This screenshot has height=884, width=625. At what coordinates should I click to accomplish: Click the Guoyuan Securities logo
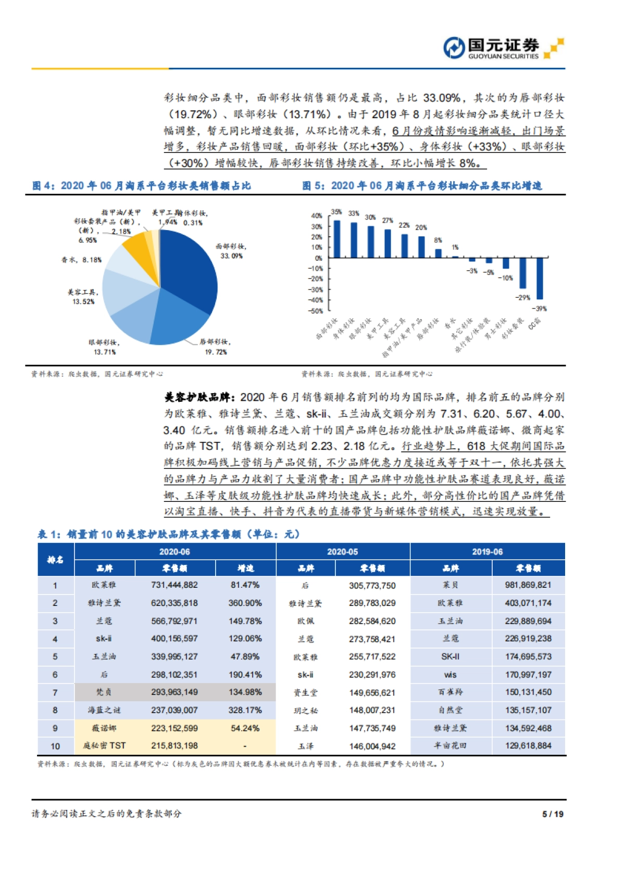click(503, 48)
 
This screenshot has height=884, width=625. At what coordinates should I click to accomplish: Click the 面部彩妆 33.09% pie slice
click(190, 271)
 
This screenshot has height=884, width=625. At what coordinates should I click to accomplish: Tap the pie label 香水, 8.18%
click(81, 260)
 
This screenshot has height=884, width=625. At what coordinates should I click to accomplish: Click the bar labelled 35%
click(337, 239)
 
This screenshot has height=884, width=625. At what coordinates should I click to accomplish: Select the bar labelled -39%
click(540, 278)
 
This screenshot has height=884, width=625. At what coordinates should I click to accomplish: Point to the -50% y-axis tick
click(316, 311)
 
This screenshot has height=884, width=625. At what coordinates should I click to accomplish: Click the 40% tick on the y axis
click(316, 216)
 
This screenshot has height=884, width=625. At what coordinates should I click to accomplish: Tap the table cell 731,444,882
click(174, 585)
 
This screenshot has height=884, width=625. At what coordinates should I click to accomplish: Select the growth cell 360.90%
click(245, 603)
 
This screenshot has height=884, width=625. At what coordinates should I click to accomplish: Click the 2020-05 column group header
click(343, 551)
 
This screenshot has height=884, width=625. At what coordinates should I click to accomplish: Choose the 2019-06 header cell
click(487, 551)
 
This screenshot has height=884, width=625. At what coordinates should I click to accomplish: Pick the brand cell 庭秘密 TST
click(104, 746)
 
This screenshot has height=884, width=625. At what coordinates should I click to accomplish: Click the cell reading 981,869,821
click(528, 585)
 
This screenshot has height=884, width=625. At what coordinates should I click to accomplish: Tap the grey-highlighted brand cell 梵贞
click(104, 692)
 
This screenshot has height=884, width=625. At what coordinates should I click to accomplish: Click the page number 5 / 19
click(553, 814)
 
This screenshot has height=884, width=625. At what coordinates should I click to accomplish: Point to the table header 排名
click(55, 560)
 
